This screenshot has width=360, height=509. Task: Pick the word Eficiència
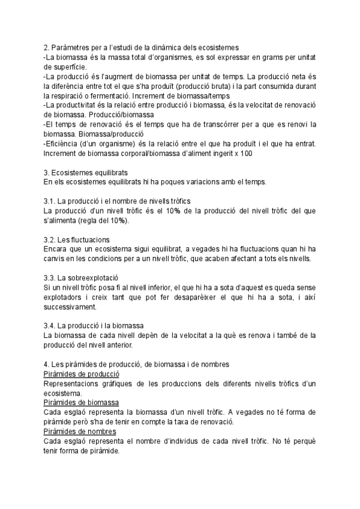coord(65,143)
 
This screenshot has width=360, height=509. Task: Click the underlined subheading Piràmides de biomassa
coord(82,402)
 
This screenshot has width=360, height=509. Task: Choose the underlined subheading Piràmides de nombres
coord(80,432)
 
